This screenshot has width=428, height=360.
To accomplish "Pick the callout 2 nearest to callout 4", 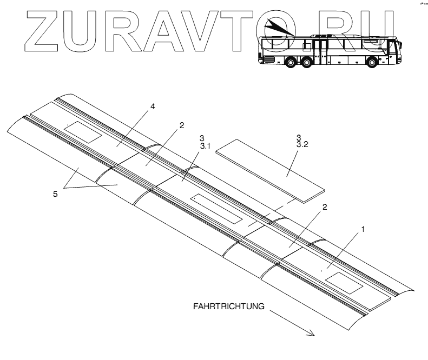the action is click(182, 125).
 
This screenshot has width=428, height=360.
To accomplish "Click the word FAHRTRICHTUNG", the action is click(228, 306).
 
